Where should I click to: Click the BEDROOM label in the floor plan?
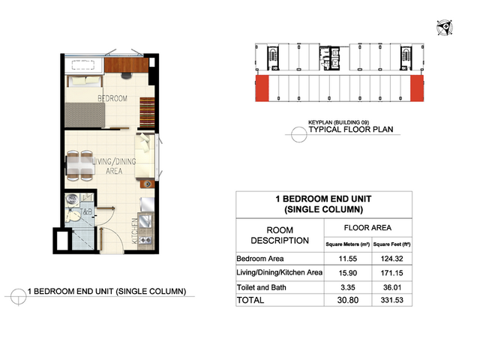(112, 98)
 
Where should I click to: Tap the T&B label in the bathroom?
(85, 211)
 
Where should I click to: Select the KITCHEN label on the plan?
(134, 231)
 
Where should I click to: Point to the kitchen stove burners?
(145, 240)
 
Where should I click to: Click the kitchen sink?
(145, 221)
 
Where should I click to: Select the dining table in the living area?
(79, 166)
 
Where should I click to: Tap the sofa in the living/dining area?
(145, 155)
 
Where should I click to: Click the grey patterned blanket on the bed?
(85, 115)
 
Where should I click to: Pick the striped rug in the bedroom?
(147, 112)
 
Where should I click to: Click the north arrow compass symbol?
(445, 28)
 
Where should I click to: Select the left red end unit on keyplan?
(262, 88)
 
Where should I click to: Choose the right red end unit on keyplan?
(417, 88)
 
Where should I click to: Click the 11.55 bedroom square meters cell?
(348, 259)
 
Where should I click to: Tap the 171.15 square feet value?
(391, 273)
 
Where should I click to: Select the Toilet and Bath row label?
(262, 287)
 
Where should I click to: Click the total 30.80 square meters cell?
(348, 300)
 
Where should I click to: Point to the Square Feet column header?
(391, 244)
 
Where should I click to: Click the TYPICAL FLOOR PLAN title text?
(351, 130)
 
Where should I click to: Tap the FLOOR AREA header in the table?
(367, 228)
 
